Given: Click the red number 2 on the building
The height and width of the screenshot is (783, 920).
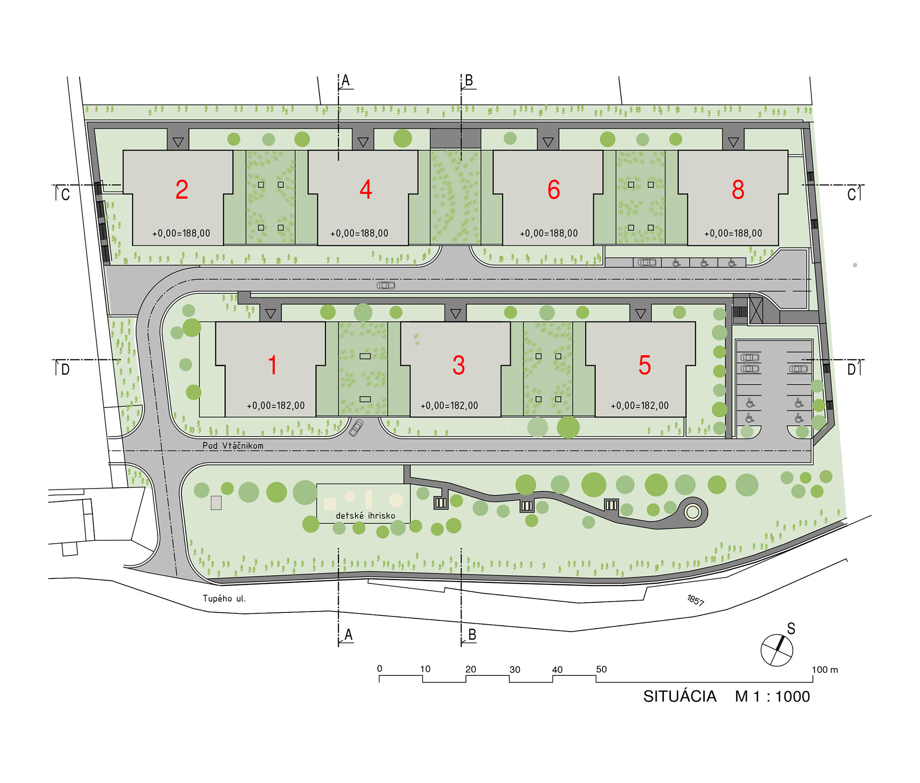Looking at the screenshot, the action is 182,190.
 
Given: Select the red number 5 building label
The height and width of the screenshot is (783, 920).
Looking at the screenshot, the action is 645,366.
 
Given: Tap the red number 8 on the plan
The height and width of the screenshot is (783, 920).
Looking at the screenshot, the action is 738,190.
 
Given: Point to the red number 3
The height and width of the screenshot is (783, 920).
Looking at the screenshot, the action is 459,366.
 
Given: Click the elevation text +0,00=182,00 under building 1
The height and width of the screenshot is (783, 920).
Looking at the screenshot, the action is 275,406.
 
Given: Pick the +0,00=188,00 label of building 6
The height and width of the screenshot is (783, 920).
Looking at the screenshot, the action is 548,233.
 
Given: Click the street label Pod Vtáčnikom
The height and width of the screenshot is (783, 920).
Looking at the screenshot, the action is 233,446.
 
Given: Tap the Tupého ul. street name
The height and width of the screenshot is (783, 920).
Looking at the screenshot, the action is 224,598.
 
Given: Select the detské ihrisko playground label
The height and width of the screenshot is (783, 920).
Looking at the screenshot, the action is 365,516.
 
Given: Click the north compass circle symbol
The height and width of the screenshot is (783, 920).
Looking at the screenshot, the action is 776,650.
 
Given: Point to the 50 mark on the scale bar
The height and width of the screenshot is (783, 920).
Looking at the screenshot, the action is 602,669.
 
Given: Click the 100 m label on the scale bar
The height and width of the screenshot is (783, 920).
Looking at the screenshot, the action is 825,669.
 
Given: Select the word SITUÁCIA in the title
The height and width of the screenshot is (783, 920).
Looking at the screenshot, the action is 680,696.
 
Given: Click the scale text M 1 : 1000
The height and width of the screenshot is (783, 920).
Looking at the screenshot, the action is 773,696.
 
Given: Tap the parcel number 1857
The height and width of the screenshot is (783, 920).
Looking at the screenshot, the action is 695,600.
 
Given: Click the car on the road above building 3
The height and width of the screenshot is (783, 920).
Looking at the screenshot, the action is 386,285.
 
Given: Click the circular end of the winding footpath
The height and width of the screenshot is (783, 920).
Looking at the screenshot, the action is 692,513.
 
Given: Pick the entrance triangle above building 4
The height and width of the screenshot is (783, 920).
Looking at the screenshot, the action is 363,142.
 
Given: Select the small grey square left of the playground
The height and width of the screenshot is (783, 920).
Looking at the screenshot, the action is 216,502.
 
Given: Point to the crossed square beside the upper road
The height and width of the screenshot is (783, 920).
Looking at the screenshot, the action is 756,311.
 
